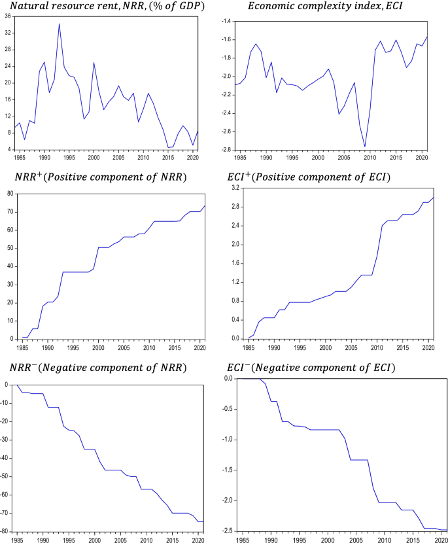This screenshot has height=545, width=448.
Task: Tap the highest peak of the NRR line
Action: (x=60, y=24)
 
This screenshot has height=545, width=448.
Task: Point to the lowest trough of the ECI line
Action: (x=365, y=147)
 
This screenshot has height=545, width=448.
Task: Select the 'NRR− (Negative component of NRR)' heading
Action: (x=96, y=368)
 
